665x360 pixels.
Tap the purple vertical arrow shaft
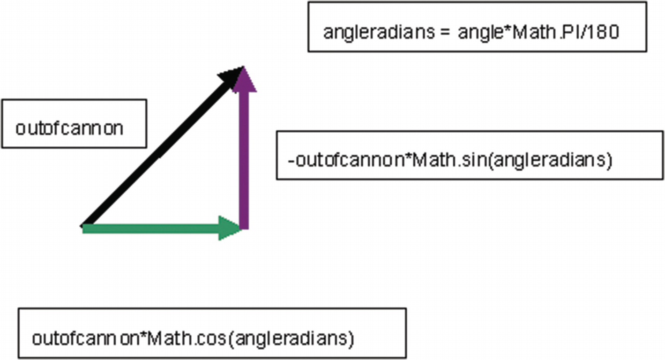click(x=243, y=159)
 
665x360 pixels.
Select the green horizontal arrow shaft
click(x=150, y=229)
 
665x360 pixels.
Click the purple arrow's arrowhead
click(x=243, y=80)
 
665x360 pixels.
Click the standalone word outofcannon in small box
click(x=69, y=128)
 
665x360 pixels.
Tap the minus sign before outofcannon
click(x=291, y=161)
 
